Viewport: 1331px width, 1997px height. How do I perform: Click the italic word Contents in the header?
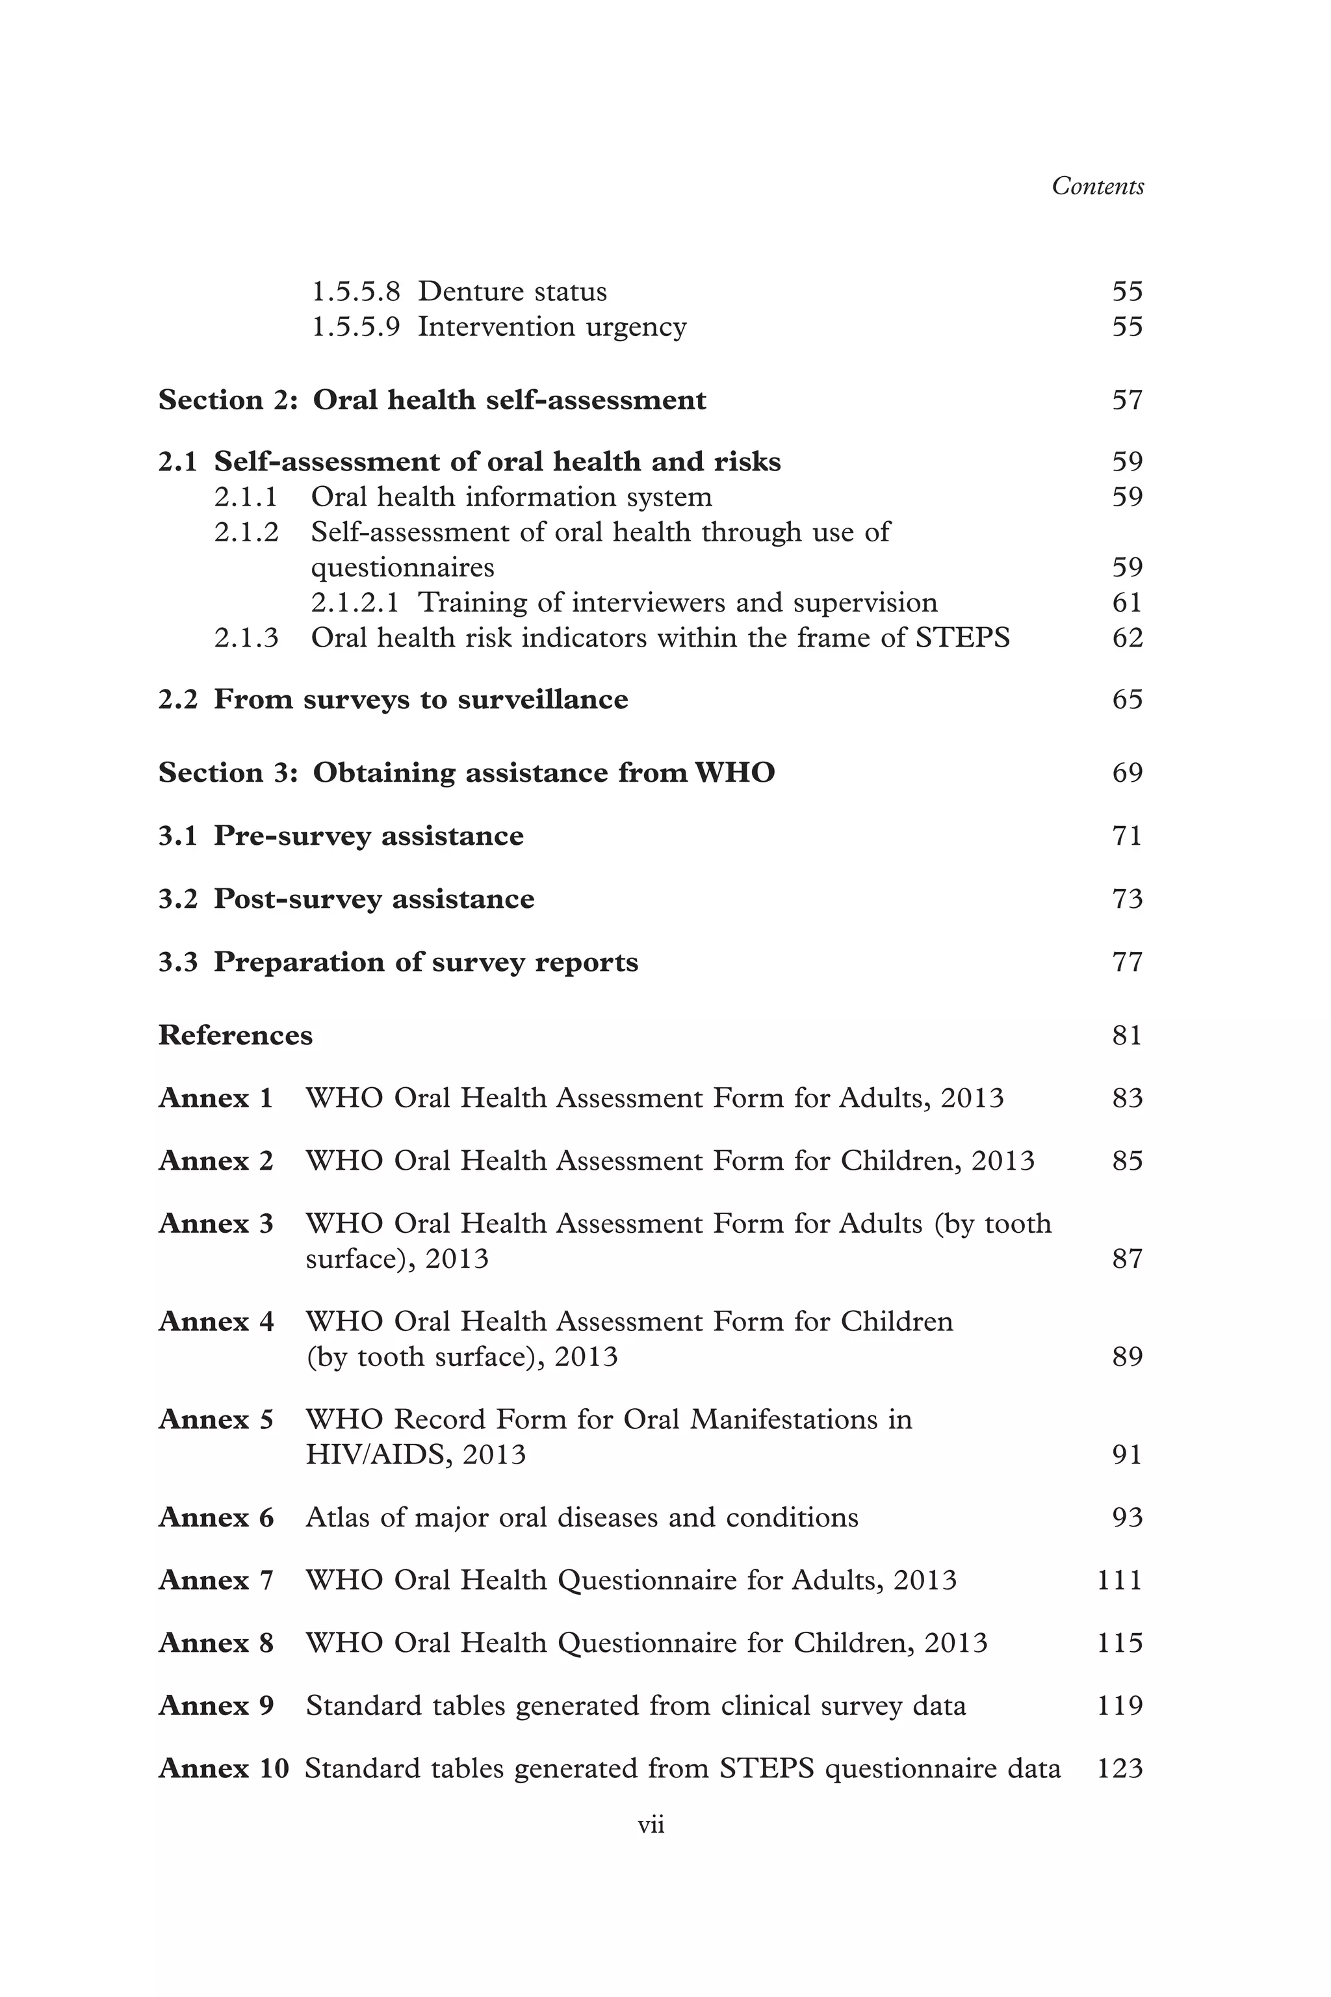click(1097, 187)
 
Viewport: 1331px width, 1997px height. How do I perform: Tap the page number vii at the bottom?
click(651, 1824)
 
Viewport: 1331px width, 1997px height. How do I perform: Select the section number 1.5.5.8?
click(355, 292)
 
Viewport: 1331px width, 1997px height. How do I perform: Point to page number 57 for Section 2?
click(1128, 400)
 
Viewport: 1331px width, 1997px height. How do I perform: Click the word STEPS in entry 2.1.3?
click(963, 638)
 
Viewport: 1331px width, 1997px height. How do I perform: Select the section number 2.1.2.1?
click(355, 602)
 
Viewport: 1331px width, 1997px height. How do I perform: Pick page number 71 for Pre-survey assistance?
click(1128, 836)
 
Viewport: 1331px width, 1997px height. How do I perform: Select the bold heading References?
click(235, 1035)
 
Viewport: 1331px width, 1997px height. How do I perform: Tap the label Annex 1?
click(216, 1098)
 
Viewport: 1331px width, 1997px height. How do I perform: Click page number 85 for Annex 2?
click(1128, 1161)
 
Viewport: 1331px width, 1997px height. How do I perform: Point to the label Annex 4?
click(216, 1321)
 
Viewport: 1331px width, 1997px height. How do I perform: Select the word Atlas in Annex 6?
click(337, 1517)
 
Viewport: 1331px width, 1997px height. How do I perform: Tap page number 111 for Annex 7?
click(1120, 1580)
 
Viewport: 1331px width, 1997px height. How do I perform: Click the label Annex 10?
click(224, 1769)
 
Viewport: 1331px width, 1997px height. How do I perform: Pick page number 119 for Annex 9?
click(1120, 1706)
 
